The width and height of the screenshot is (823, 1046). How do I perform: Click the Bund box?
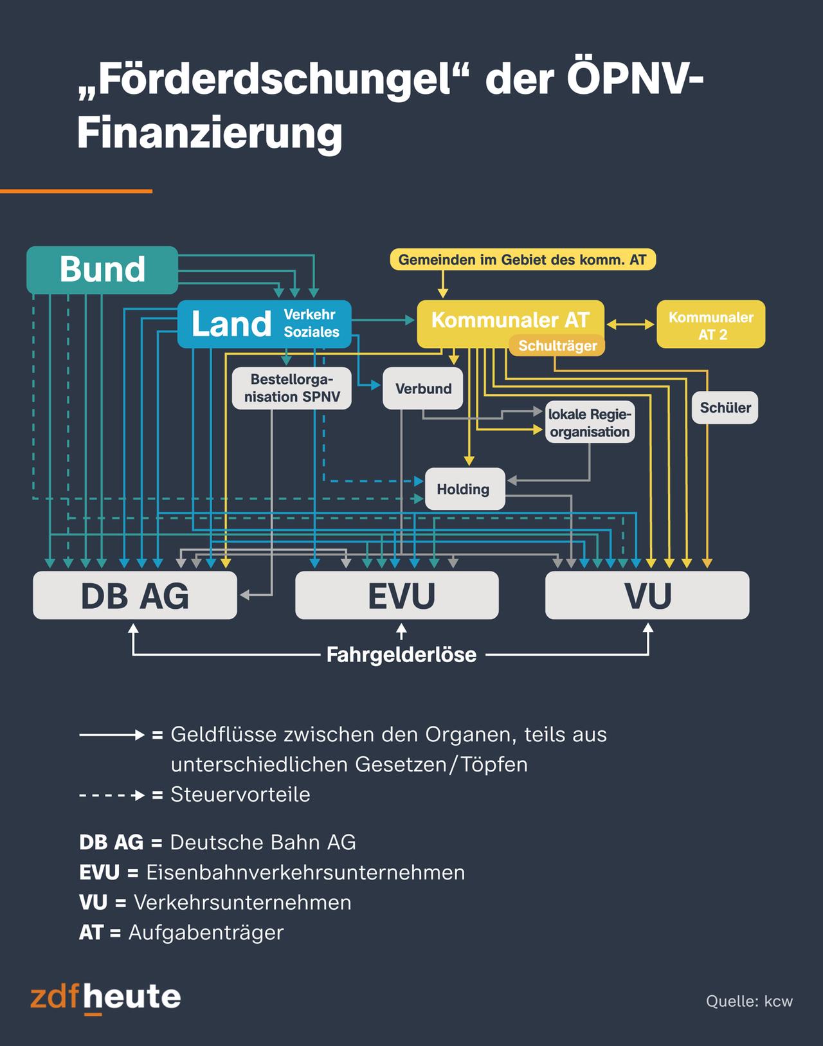(102, 270)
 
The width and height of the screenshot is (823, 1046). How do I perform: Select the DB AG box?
(135, 595)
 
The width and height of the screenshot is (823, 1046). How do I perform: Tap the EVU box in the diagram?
(397, 595)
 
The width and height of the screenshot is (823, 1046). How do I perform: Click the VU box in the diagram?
(647, 595)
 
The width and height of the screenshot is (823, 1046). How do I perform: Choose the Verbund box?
(423, 388)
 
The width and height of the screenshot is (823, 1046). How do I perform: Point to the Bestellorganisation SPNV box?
(292, 388)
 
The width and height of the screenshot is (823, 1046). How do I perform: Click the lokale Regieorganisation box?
(590, 423)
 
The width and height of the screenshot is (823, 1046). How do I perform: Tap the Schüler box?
(725, 408)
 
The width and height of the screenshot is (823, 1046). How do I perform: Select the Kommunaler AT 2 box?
(710, 325)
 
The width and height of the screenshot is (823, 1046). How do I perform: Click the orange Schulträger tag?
(557, 346)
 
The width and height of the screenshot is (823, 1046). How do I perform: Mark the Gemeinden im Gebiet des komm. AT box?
(522, 260)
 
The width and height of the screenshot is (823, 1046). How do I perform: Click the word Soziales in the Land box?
(312, 332)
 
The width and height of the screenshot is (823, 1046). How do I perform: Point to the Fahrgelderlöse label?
(401, 655)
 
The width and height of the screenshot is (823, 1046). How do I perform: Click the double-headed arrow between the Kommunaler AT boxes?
(630, 325)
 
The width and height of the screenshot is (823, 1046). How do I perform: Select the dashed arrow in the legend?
(112, 795)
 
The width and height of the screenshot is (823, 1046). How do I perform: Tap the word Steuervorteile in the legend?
(240, 795)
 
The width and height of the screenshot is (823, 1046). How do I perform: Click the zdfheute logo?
(105, 998)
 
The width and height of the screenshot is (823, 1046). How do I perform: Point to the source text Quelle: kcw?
(749, 1001)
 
